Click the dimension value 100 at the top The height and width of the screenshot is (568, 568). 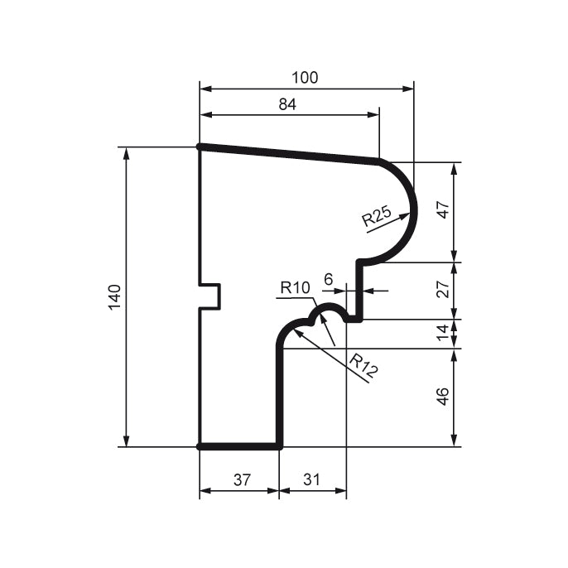pos(305,78)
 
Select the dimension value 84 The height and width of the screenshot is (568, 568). pos(287,104)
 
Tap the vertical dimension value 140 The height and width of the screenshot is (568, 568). pos(114,296)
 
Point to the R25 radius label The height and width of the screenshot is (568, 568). pos(377,218)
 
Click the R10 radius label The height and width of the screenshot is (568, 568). pos(294,288)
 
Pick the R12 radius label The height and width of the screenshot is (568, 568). pos(363,365)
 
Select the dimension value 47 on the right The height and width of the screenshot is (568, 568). pos(443,209)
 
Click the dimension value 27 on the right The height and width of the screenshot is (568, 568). pos(443,290)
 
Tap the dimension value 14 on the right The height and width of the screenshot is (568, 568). pos(443,333)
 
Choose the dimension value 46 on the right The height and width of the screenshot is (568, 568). pos(443,397)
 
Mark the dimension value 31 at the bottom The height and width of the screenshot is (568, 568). pos(311,479)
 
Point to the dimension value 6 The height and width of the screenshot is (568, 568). pos(328,281)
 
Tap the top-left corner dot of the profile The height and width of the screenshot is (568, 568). pos(200,147)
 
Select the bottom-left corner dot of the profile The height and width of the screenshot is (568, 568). pos(200,446)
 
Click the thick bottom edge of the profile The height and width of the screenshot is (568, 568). pos(240,446)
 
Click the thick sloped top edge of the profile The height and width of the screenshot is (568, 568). pos(290,154)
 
